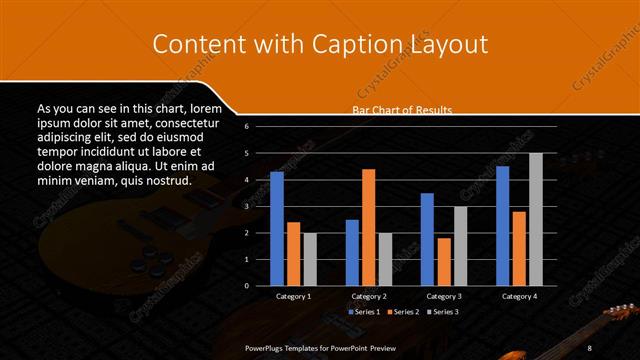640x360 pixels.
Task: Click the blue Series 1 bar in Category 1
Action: [277, 229]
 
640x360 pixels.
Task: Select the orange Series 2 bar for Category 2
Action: [369, 227]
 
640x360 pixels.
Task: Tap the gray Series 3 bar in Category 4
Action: [536, 219]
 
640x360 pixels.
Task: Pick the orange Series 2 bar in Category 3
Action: [444, 261]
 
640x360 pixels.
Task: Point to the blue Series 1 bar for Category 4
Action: [502, 226]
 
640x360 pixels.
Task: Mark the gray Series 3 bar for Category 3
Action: [461, 246]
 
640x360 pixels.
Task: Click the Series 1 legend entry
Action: [365, 312]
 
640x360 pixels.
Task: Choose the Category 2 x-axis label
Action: [369, 297]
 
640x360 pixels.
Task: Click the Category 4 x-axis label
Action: [519, 297]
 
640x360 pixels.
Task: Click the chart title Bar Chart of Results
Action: [402, 110]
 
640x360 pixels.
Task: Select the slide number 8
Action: [590, 347]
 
